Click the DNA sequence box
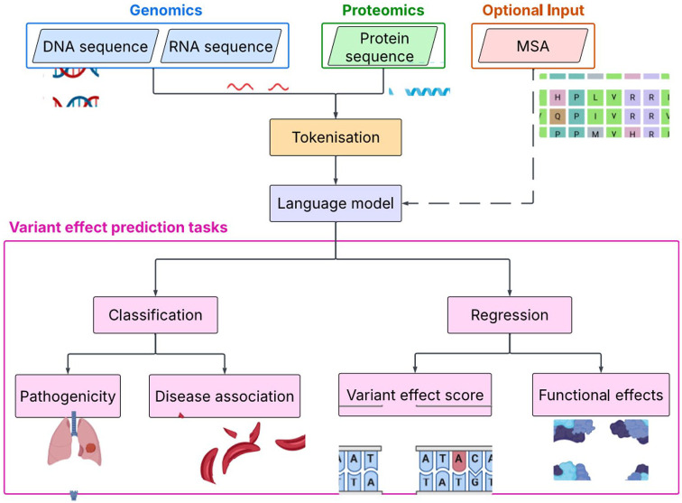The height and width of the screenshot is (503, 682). pyautogui.click(x=95, y=45)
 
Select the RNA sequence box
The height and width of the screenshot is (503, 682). pyautogui.click(x=219, y=45)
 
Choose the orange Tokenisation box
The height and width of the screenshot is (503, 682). pyautogui.click(x=336, y=137)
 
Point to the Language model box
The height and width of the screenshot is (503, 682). pyautogui.click(x=336, y=204)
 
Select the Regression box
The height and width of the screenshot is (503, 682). pyautogui.click(x=510, y=315)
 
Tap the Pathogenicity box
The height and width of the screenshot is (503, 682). pyautogui.click(x=73, y=395)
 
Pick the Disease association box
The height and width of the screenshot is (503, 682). pyautogui.click(x=225, y=395)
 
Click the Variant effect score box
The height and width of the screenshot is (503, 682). pyautogui.click(x=415, y=395)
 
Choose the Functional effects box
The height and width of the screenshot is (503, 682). pyautogui.click(x=601, y=395)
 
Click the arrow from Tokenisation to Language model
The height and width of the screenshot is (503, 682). pyautogui.click(x=336, y=171)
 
